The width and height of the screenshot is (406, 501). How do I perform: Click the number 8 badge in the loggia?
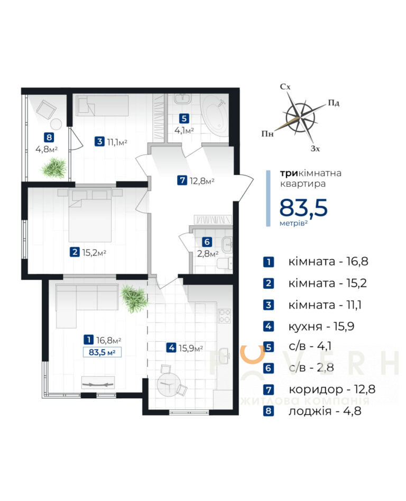point(49,138)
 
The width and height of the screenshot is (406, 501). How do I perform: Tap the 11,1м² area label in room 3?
point(117,142)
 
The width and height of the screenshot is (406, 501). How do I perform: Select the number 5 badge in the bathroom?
point(184,119)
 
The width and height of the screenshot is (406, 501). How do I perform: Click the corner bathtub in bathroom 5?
point(215,116)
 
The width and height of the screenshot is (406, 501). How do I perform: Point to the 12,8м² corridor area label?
point(202,181)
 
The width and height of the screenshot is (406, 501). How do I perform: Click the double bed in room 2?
point(90,215)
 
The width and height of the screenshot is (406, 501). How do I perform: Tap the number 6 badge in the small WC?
point(207,242)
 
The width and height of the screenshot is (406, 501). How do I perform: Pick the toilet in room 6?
point(225,264)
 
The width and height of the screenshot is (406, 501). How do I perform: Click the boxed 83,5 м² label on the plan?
point(102,352)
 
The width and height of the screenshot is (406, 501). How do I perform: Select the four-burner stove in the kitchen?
point(224,316)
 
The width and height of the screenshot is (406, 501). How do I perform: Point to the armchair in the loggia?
point(47,109)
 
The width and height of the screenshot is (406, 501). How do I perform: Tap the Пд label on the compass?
point(334,103)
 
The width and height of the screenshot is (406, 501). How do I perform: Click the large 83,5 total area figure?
point(303,208)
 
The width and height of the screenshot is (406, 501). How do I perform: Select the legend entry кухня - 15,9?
point(321,326)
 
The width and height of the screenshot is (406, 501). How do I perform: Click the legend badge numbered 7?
point(269,389)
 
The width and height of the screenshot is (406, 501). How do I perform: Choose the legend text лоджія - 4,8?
point(325,411)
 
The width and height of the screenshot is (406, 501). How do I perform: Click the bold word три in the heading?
point(289,173)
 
